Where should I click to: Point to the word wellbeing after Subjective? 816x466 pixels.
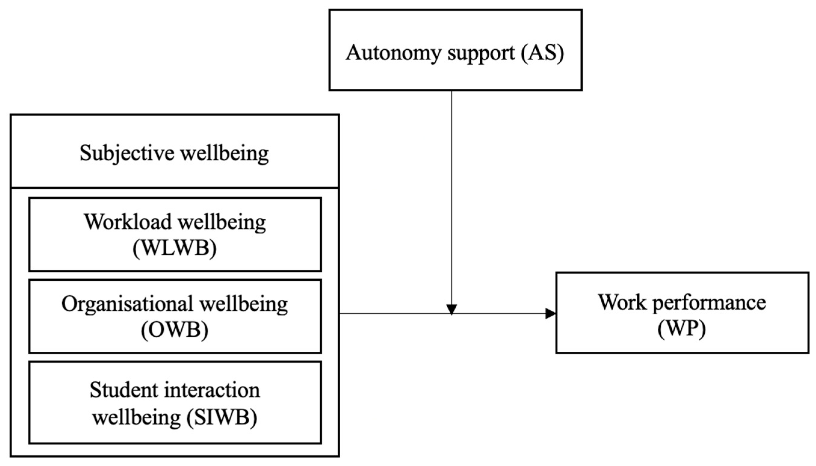pos(225,153)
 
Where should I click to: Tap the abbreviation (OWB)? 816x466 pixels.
pos(175,330)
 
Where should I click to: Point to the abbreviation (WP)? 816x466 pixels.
pos(682,329)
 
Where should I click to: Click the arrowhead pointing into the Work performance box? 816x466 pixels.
pos(551,314)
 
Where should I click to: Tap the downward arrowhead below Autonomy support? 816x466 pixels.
pos(451,309)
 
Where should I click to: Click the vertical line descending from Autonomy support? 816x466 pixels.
pos(451,192)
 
